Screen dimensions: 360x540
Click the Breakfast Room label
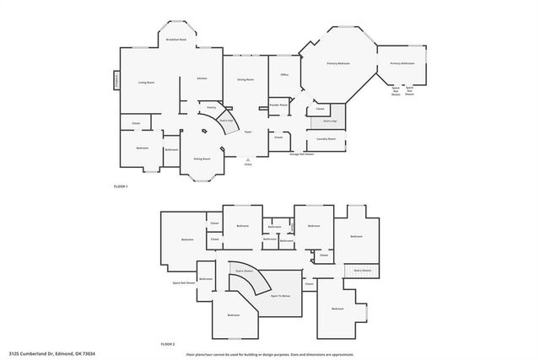175,40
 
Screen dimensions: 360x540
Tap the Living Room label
146,82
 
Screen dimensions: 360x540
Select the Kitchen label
202,78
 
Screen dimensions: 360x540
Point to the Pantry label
212,107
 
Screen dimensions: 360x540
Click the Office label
283,75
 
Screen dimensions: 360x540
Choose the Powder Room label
278,105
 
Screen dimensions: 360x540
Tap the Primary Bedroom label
338,63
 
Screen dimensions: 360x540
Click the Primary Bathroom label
401,63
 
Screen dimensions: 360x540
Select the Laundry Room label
327,139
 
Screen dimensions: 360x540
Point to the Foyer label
248,132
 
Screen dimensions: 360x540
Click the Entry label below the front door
248,164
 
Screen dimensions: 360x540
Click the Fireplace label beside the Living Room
116,82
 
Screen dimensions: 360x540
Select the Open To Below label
281,296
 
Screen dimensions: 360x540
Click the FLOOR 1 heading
120,185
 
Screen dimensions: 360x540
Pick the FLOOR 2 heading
167,344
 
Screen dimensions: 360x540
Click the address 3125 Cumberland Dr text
53,354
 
